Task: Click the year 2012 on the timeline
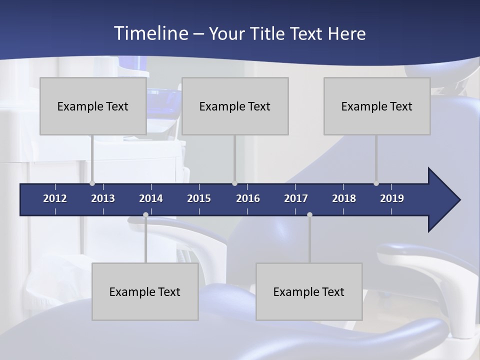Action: pos(55,198)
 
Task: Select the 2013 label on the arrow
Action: pos(103,198)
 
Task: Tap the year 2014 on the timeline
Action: pos(151,198)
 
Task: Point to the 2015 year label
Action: pos(199,198)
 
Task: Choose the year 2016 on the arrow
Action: pos(248,198)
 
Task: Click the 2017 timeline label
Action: pos(296,198)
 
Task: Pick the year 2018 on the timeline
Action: pos(344,198)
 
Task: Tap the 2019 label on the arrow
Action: pos(392,198)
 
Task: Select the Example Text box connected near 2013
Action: pos(93,106)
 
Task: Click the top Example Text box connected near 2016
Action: pos(235,106)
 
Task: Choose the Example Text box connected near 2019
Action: pos(377,106)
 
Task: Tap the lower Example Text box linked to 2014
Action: pos(145,291)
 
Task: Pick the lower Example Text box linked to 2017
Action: pos(309,291)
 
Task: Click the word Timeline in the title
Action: pos(150,33)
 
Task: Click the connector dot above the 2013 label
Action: pos(92,183)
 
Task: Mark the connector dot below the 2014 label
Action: pos(145,215)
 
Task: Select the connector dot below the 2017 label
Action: pos(309,215)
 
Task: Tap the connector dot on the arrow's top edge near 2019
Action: pos(376,183)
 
